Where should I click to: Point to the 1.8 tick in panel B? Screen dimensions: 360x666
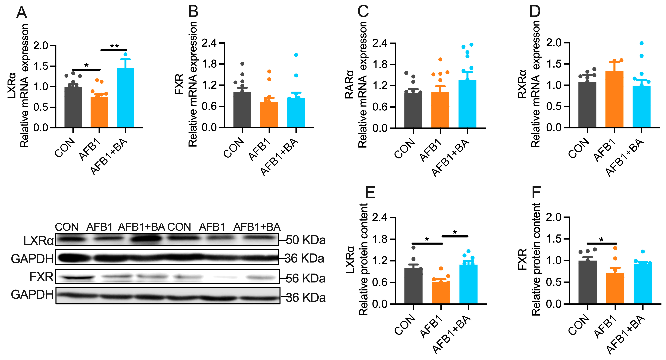pos(209,64)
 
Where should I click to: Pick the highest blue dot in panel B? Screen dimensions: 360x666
pos(296,55)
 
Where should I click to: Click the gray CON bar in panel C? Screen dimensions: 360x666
pos(413,110)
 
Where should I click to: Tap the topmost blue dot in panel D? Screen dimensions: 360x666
pos(641,43)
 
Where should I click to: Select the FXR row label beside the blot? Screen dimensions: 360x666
pos(41,277)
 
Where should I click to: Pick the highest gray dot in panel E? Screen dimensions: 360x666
pos(413,248)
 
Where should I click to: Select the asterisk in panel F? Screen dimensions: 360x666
pos(601,240)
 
